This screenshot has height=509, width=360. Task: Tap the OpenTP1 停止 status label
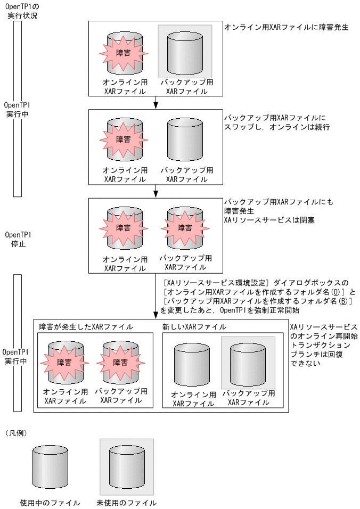19,239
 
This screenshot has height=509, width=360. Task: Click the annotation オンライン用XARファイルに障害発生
286,27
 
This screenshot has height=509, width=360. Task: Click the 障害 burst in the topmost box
124,54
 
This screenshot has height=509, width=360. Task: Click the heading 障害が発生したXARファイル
86,326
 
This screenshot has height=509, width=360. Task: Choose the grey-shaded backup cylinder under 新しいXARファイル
248,362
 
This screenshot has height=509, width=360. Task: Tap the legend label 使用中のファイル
50,503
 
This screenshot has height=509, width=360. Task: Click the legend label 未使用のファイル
127,503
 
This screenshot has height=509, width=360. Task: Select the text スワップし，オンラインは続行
277,128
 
